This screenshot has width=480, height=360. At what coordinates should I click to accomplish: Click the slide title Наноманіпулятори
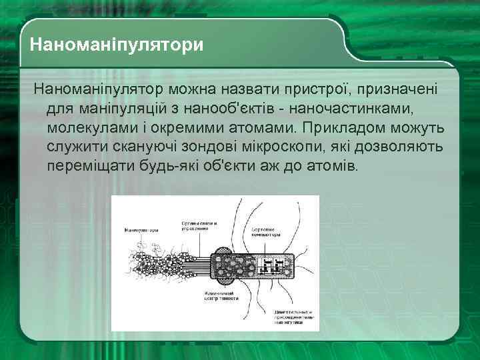point(117,46)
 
